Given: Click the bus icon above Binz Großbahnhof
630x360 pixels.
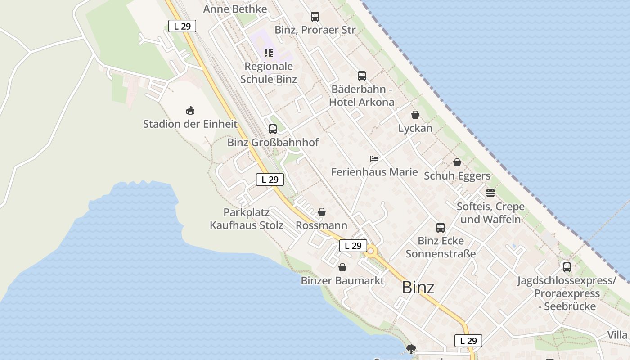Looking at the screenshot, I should (272, 129).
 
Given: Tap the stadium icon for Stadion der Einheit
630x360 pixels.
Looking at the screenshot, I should (190, 110).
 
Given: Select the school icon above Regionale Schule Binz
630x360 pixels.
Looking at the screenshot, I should (269, 53).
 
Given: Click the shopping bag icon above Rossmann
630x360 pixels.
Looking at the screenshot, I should (322, 212).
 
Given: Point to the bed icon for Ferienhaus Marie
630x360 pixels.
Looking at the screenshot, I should (374, 158).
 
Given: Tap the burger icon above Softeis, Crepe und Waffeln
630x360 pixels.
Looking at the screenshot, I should (490, 193).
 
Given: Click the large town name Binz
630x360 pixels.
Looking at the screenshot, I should (418, 287).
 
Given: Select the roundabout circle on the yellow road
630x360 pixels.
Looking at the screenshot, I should (371, 252).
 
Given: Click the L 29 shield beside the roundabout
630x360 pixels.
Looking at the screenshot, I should (353, 246).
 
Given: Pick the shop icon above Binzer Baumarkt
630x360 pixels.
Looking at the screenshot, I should (342, 267).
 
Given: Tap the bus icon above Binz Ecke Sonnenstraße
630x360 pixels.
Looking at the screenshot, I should (440, 228).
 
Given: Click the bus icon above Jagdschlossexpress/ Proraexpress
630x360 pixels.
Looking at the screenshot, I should (567, 267).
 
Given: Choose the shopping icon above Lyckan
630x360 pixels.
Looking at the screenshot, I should (415, 115).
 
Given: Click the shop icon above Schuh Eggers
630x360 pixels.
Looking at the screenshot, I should (457, 162).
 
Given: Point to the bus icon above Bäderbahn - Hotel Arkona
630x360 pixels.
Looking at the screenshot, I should (361, 76).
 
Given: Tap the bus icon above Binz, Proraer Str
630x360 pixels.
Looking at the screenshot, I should (315, 17).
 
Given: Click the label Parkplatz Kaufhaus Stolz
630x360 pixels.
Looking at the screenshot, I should (247, 219).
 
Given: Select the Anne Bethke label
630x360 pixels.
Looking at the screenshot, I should (235, 9).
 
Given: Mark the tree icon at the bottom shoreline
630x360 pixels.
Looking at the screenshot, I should (410, 348).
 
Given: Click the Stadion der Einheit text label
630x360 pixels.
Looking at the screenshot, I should (190, 124).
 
